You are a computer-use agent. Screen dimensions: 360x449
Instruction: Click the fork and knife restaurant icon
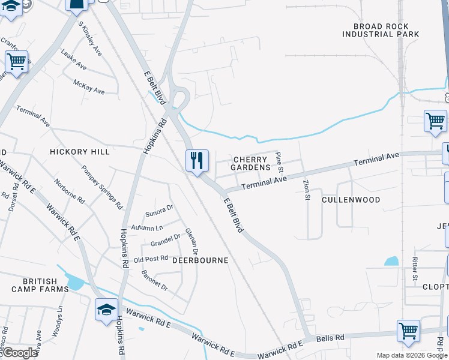(197, 161)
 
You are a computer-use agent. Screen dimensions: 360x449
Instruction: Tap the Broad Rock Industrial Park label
(381, 31)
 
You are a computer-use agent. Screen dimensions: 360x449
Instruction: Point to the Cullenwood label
(351, 200)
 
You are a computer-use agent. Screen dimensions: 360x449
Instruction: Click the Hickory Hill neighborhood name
(80, 152)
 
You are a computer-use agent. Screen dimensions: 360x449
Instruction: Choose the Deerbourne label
(200, 260)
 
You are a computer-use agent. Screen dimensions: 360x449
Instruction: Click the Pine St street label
(279, 161)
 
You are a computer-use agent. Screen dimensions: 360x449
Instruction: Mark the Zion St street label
(306, 189)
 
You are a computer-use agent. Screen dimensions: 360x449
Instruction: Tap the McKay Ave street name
(89, 87)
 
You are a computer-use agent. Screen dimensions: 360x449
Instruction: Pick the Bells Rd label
(331, 338)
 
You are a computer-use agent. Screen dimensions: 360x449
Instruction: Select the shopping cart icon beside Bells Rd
(408, 331)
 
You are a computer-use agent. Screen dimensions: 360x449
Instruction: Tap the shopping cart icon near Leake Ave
(17, 61)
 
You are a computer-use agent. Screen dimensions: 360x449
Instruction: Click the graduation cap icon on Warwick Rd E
(106, 310)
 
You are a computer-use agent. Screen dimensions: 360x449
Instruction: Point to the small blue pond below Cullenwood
(391, 261)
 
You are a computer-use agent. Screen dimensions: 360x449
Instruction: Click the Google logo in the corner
(20, 353)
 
